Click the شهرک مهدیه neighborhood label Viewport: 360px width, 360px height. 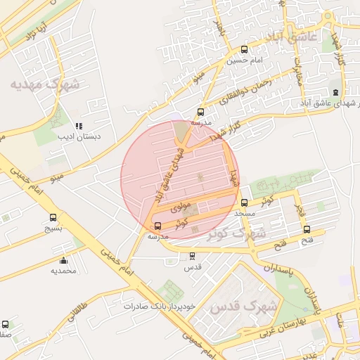coord(46,84)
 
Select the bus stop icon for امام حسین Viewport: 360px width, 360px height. coord(244,49)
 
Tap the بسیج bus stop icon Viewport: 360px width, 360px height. coord(53,217)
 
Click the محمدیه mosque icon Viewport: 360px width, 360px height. coord(64,260)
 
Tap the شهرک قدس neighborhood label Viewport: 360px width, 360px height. coord(235,307)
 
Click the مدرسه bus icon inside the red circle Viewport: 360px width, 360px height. coord(157,226)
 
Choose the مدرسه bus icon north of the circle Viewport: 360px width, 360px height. coord(201,111)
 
